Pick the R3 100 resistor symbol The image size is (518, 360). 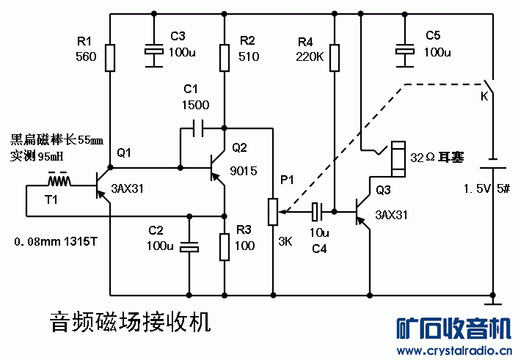(x=225, y=246)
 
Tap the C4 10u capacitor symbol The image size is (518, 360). (x=317, y=212)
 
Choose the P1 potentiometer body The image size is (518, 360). (x=273, y=211)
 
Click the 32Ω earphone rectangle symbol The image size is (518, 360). (x=398, y=158)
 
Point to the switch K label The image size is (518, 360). (x=484, y=96)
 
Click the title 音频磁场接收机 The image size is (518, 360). (x=130, y=320)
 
